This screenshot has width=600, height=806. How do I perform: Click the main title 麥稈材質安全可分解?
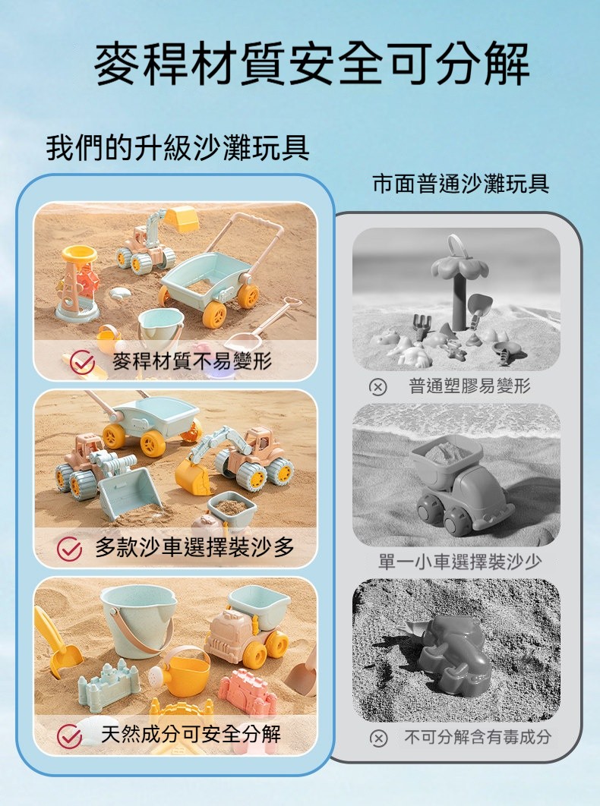coord(312,64)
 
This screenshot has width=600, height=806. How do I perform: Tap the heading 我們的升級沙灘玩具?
coord(178,147)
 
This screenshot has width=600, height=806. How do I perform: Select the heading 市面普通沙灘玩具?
coord(461,184)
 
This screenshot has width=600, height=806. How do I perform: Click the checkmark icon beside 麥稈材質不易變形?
coord(82,362)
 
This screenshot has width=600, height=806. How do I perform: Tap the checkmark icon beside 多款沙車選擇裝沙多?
coord(69,549)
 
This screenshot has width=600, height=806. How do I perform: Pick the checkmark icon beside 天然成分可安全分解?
coord(69,736)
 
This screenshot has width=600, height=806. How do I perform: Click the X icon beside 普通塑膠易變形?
coord(378,386)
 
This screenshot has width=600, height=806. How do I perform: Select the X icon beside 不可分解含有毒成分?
coord(378,738)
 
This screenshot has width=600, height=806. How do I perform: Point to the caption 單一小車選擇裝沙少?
coord(460,562)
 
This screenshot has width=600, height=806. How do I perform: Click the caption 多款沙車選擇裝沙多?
coord(194,547)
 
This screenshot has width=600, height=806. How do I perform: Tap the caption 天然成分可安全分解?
coord(191,734)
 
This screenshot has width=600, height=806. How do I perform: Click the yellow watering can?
coord(181,672)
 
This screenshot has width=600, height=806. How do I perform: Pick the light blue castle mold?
coord(109,686)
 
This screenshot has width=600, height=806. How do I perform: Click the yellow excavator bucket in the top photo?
coord(181,219)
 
